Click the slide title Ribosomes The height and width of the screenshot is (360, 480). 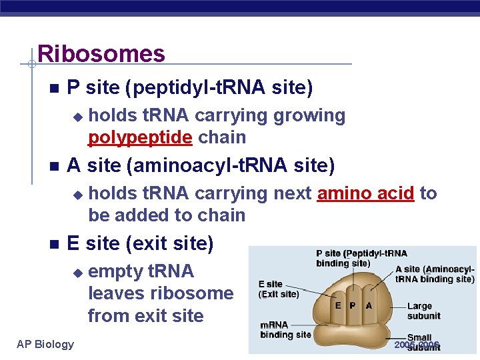click(101, 53)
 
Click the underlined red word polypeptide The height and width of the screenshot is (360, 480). click(141, 137)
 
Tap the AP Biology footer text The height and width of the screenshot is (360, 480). click(45, 344)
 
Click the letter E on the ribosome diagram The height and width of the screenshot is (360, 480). click(339, 305)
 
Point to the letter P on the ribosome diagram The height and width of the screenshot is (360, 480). click(353, 305)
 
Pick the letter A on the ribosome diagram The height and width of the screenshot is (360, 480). click(369, 305)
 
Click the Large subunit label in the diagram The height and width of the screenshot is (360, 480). click(423, 311)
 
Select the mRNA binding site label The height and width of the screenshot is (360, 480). click(285, 329)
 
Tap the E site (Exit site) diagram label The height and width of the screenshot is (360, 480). click(279, 289)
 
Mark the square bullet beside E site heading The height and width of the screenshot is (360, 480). click(53, 244)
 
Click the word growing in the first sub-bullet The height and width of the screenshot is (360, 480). click(309, 115)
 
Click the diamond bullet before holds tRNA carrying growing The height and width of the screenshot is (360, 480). click(77, 117)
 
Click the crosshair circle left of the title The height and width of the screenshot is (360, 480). click(31, 64)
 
